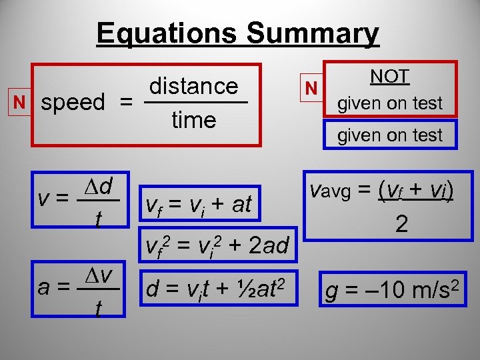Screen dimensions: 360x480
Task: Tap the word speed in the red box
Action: [x=73, y=103]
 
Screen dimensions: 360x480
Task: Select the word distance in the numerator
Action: [x=193, y=86]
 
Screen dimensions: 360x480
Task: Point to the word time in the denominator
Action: [x=193, y=120]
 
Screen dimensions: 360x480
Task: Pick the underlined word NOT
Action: [x=390, y=76]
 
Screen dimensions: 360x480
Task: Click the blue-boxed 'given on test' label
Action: [x=390, y=135]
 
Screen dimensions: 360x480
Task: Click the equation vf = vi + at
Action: [x=198, y=204]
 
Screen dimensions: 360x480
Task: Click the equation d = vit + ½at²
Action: [x=217, y=287]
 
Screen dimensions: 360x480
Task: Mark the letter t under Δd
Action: [x=98, y=218]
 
